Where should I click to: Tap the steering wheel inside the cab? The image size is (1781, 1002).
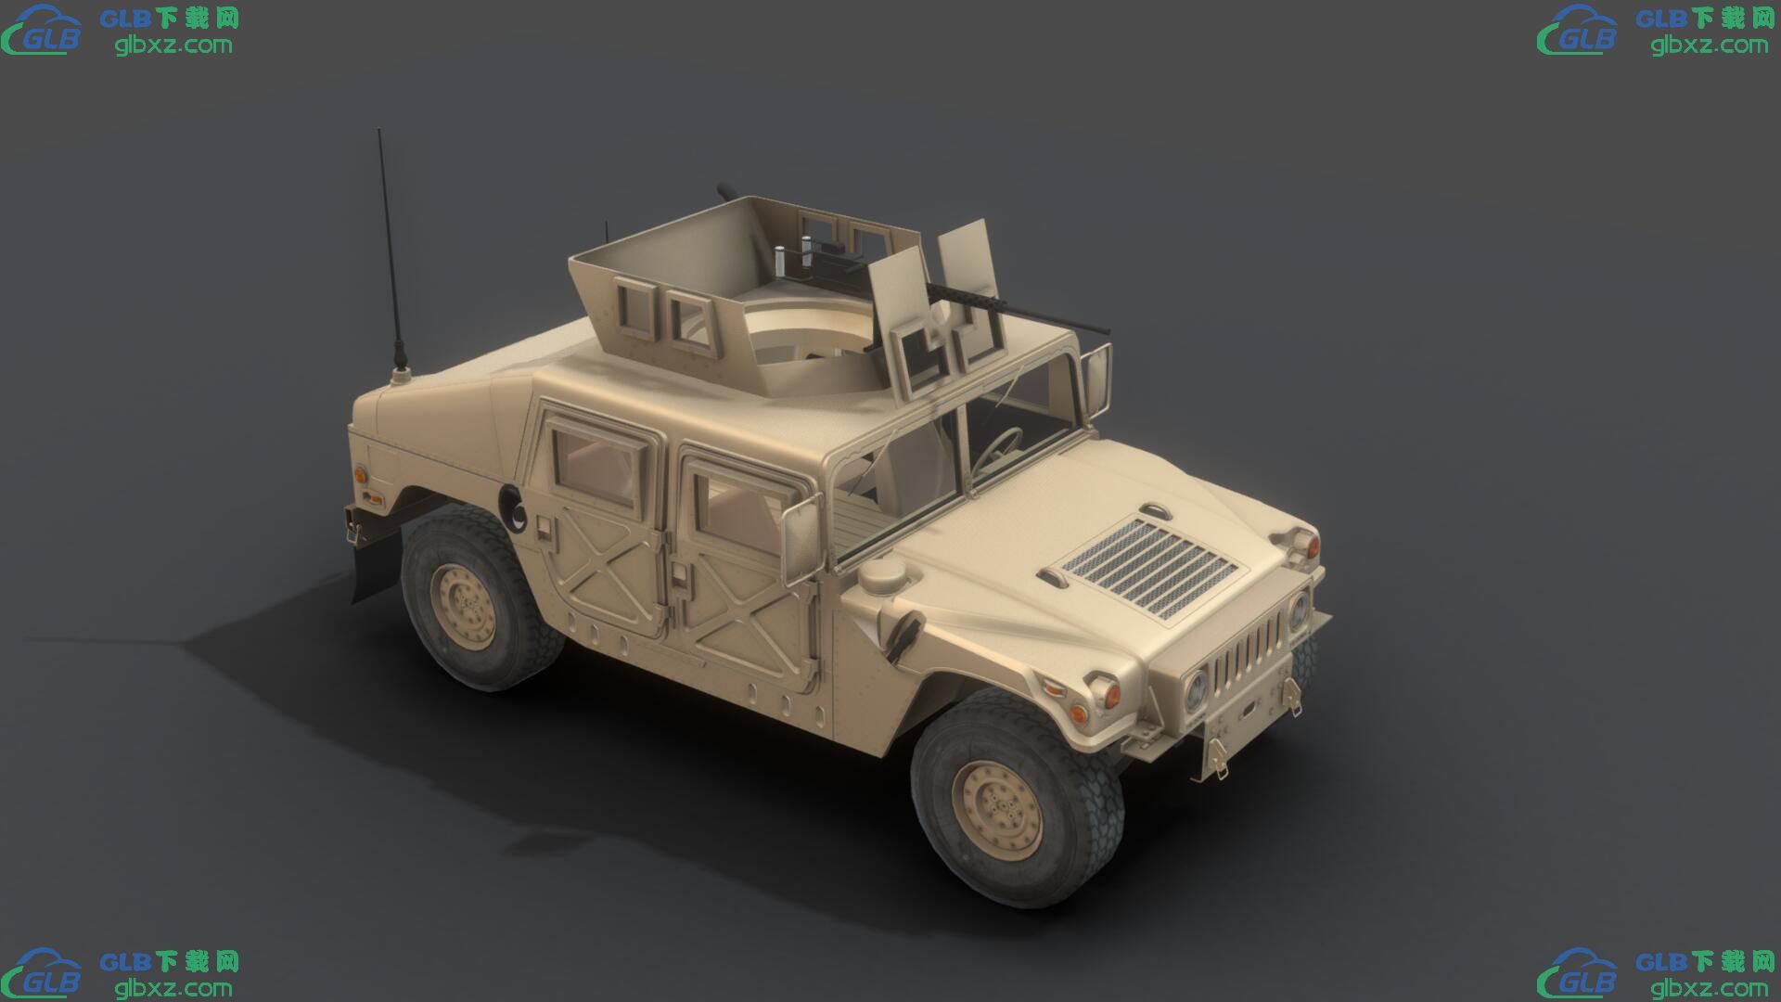point(1001,444)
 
